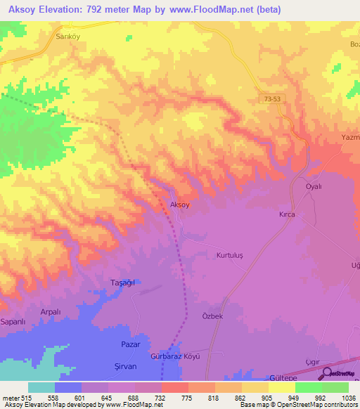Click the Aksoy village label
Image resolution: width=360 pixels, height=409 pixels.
[180, 204]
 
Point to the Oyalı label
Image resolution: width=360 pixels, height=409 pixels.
[313, 186]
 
